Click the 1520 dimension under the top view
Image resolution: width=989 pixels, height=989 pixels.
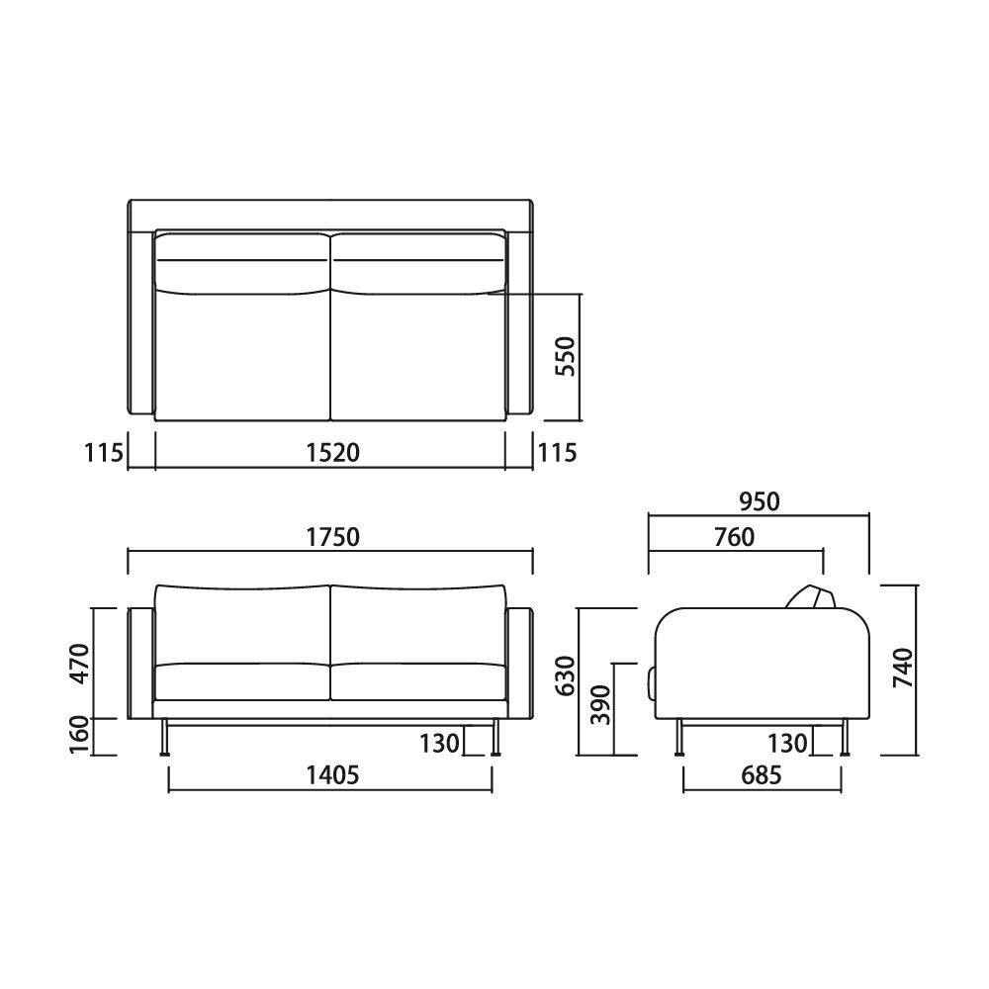pyautogui.click(x=332, y=453)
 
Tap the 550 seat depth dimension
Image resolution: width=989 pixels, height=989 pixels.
pyautogui.click(x=566, y=356)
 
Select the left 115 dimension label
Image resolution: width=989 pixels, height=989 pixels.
pyautogui.click(x=104, y=453)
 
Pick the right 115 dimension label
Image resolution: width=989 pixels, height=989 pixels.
pyautogui.click(x=557, y=453)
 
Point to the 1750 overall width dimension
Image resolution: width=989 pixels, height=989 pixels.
pyautogui.click(x=332, y=537)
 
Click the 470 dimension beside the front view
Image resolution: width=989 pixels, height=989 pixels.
pyautogui.click(x=80, y=664)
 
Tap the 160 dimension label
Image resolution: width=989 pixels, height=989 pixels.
pyautogui.click(x=80, y=735)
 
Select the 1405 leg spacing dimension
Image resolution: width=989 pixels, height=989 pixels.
pyautogui.click(x=332, y=774)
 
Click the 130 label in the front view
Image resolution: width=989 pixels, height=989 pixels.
pyautogui.click(x=440, y=744)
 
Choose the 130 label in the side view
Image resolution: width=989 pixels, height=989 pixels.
pyautogui.click(x=787, y=744)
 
